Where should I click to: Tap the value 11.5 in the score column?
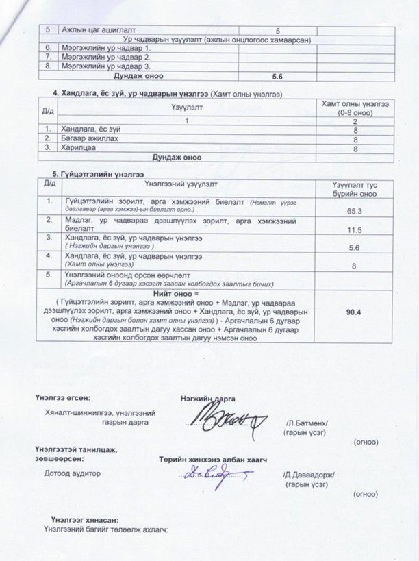point(355,229)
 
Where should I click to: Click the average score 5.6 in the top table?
point(277,77)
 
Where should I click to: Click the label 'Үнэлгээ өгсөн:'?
point(62,398)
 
